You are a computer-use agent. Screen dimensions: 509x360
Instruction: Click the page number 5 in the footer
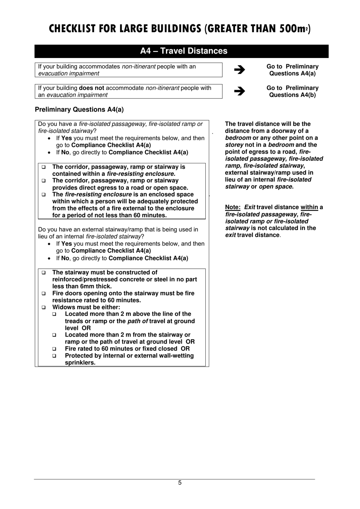(180, 483)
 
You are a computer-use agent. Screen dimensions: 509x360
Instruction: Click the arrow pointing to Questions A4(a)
(239, 70)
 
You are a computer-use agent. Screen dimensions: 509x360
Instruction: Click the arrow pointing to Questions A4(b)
(239, 91)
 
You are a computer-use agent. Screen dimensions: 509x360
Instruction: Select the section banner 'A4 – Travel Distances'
(183, 51)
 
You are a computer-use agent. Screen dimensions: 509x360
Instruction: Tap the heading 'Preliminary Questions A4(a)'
(79, 110)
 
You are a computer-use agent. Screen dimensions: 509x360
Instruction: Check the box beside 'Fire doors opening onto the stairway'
(44, 293)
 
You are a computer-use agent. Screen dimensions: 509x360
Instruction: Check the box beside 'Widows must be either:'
(44, 307)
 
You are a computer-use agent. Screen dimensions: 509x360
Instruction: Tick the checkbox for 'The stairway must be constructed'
(44, 273)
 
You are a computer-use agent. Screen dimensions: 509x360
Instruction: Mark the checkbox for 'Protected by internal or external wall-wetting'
(54, 356)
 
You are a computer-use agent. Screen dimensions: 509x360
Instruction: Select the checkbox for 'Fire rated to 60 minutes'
(54, 349)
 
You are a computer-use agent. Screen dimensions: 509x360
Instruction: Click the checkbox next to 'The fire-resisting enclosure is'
(44, 195)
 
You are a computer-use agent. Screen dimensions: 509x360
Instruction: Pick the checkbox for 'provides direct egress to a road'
(44, 181)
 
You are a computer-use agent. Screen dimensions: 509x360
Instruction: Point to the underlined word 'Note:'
(233, 207)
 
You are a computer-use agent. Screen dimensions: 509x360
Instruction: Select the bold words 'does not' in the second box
(91, 88)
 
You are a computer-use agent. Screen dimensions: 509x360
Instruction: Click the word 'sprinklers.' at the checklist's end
(80, 363)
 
